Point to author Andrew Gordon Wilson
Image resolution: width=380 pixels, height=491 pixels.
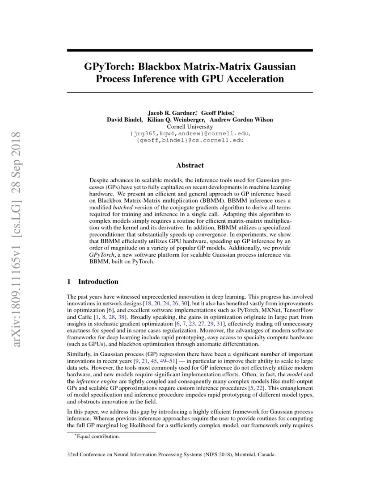242,120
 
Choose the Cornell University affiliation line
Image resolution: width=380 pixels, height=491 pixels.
190,126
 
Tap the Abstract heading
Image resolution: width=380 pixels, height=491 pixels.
190,165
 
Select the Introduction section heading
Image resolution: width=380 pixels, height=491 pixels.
98,282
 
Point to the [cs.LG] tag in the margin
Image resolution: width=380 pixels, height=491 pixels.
17,212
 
